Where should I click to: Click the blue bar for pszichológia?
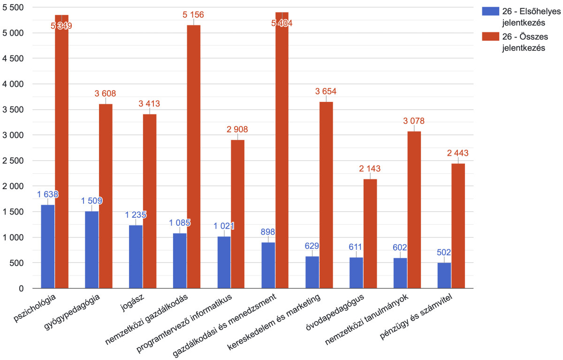48,246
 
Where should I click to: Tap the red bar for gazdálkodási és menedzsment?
282,150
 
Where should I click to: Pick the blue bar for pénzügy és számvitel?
444,276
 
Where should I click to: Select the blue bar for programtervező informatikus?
224,262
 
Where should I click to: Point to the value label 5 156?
193,15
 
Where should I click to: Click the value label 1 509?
91,201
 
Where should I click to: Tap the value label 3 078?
414,121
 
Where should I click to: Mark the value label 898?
268,232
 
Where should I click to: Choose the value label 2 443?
458,153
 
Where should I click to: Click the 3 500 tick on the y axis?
15,110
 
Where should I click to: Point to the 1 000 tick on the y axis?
15,237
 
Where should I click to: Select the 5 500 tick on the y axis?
15,8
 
